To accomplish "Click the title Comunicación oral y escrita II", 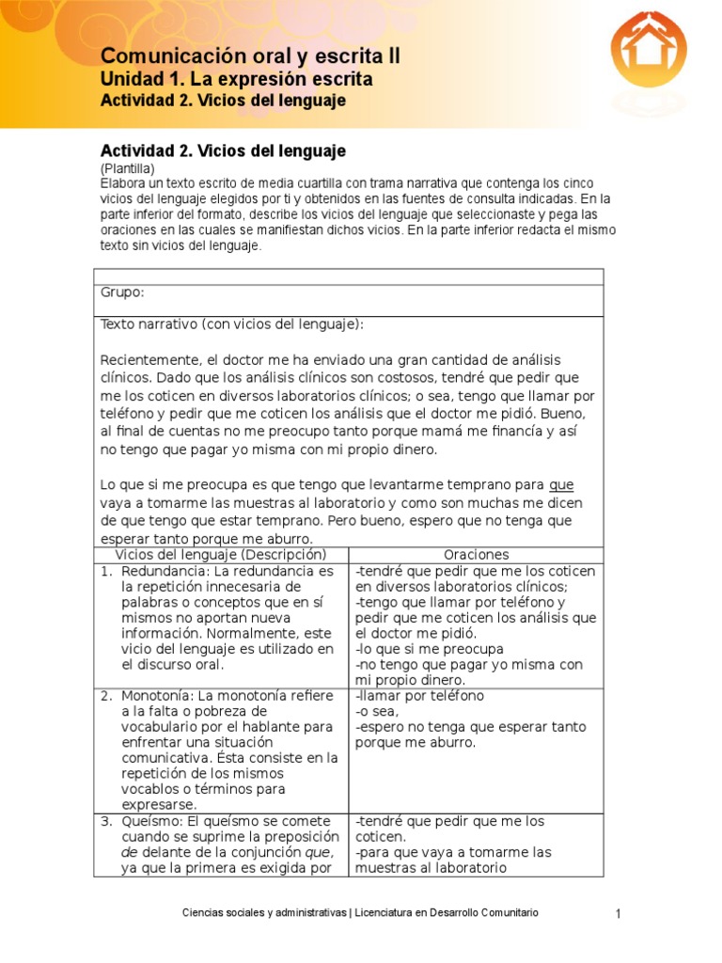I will pyautogui.click(x=250, y=56).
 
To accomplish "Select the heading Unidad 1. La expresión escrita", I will pyautogui.click(x=236, y=79).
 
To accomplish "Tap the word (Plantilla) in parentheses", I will pyautogui.click(x=127, y=167).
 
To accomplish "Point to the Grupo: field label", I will pyautogui.click(x=122, y=292).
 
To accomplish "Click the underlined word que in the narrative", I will pyautogui.click(x=561, y=485).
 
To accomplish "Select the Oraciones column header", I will pyautogui.click(x=478, y=556).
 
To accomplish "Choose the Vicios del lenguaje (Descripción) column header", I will pyautogui.click(x=220, y=556).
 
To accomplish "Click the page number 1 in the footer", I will pyautogui.click(x=619, y=914).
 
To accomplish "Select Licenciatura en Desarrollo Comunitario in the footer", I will pyautogui.click(x=447, y=913).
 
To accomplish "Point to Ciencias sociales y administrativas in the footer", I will pyautogui.click(x=262, y=913).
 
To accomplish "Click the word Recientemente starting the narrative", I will pyautogui.click(x=150, y=360).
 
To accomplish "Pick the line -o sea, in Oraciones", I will pyautogui.click(x=378, y=712).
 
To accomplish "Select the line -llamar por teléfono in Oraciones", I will pyautogui.click(x=420, y=696).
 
